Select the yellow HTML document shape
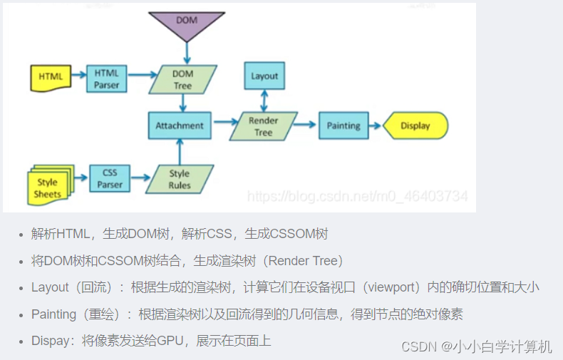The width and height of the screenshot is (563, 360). coord(51,77)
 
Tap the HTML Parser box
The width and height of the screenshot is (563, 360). coord(106,78)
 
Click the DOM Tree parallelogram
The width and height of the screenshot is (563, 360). coord(182,79)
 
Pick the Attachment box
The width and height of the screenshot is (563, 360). coord(179,125)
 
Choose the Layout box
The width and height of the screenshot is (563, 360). coord(264,76)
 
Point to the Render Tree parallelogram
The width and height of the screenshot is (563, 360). coord(264,126)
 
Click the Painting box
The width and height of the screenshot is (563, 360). coord(344,125)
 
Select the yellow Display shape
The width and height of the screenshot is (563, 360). coord(415,125)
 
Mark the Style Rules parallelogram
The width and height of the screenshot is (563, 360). coord(180,179)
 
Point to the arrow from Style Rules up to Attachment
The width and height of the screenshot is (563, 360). coord(180,152)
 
